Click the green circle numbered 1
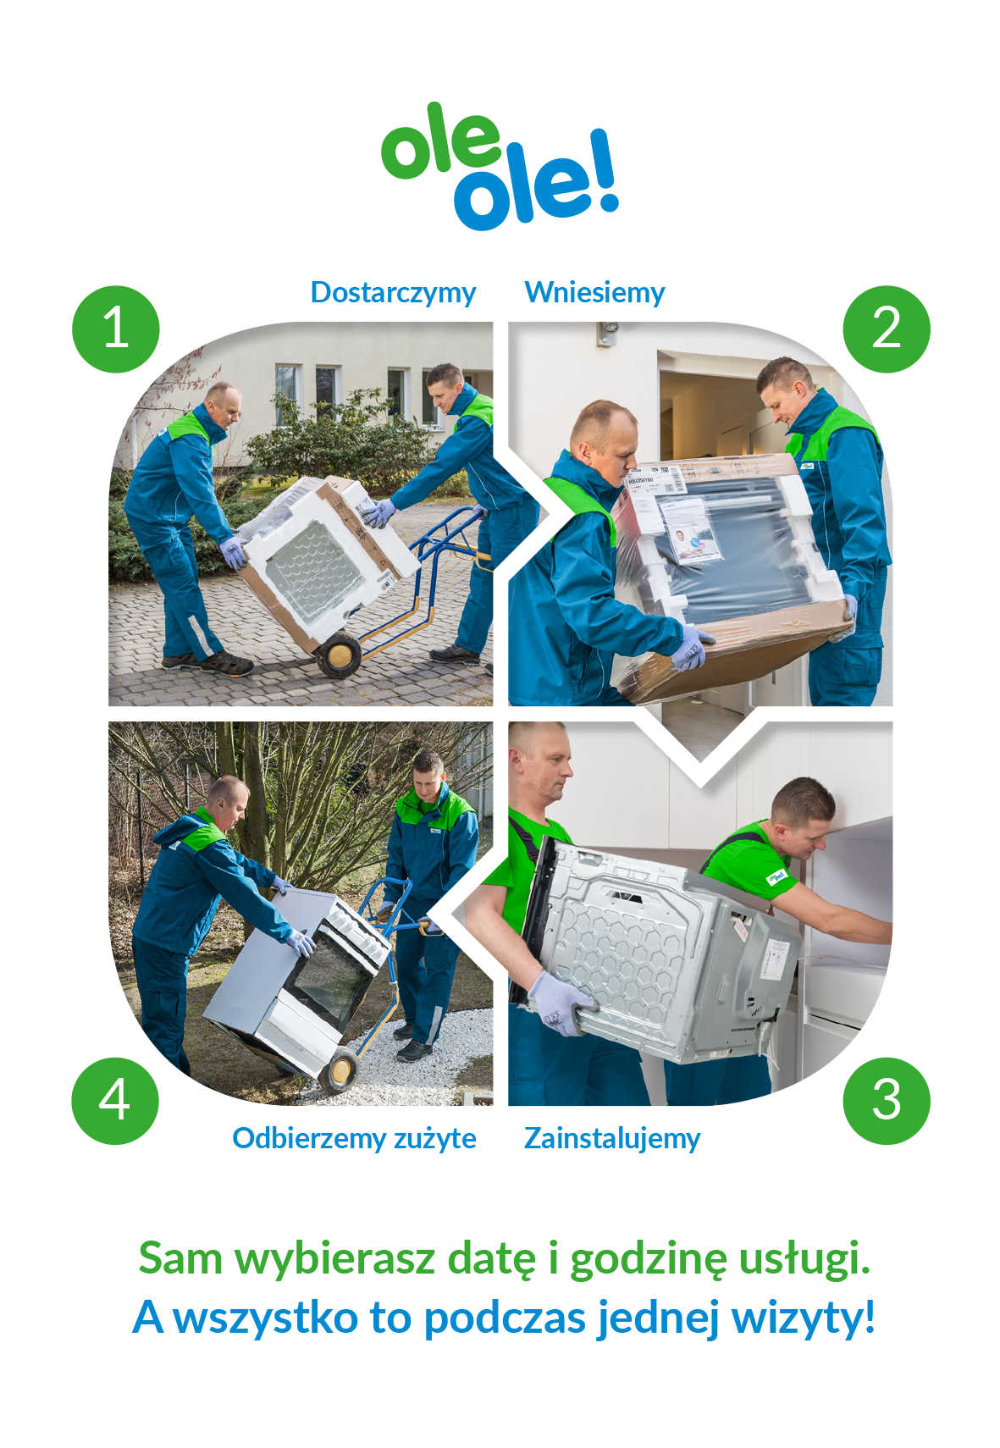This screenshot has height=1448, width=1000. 116,329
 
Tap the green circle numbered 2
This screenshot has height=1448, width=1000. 887,329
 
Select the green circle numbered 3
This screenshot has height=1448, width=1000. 887,1102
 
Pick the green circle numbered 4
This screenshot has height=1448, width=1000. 115,1102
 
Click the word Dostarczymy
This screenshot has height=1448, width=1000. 393,294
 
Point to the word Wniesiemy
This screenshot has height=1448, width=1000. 594,292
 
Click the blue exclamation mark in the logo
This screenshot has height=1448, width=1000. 603,170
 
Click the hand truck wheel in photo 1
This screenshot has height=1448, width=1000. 339,655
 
